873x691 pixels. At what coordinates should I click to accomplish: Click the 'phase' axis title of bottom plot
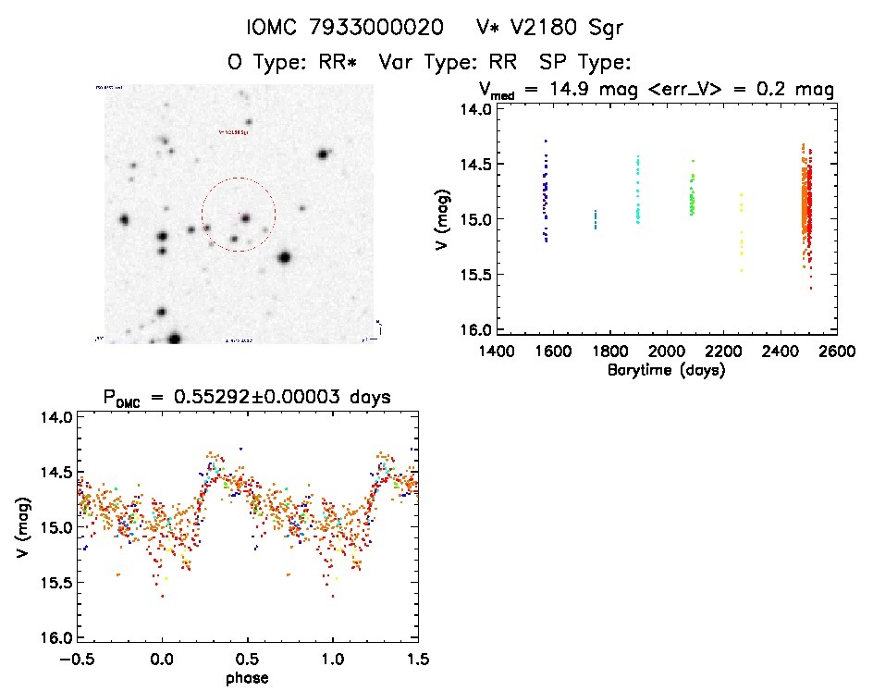coord(248,678)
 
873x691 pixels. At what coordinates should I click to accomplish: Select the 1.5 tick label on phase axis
coord(418,659)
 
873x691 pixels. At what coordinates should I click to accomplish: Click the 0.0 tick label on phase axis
coord(162,659)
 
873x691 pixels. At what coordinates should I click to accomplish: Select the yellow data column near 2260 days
coord(741,231)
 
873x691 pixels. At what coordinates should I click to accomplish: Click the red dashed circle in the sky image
coord(203,215)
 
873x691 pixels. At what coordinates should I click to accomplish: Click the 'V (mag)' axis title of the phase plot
coord(19,527)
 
